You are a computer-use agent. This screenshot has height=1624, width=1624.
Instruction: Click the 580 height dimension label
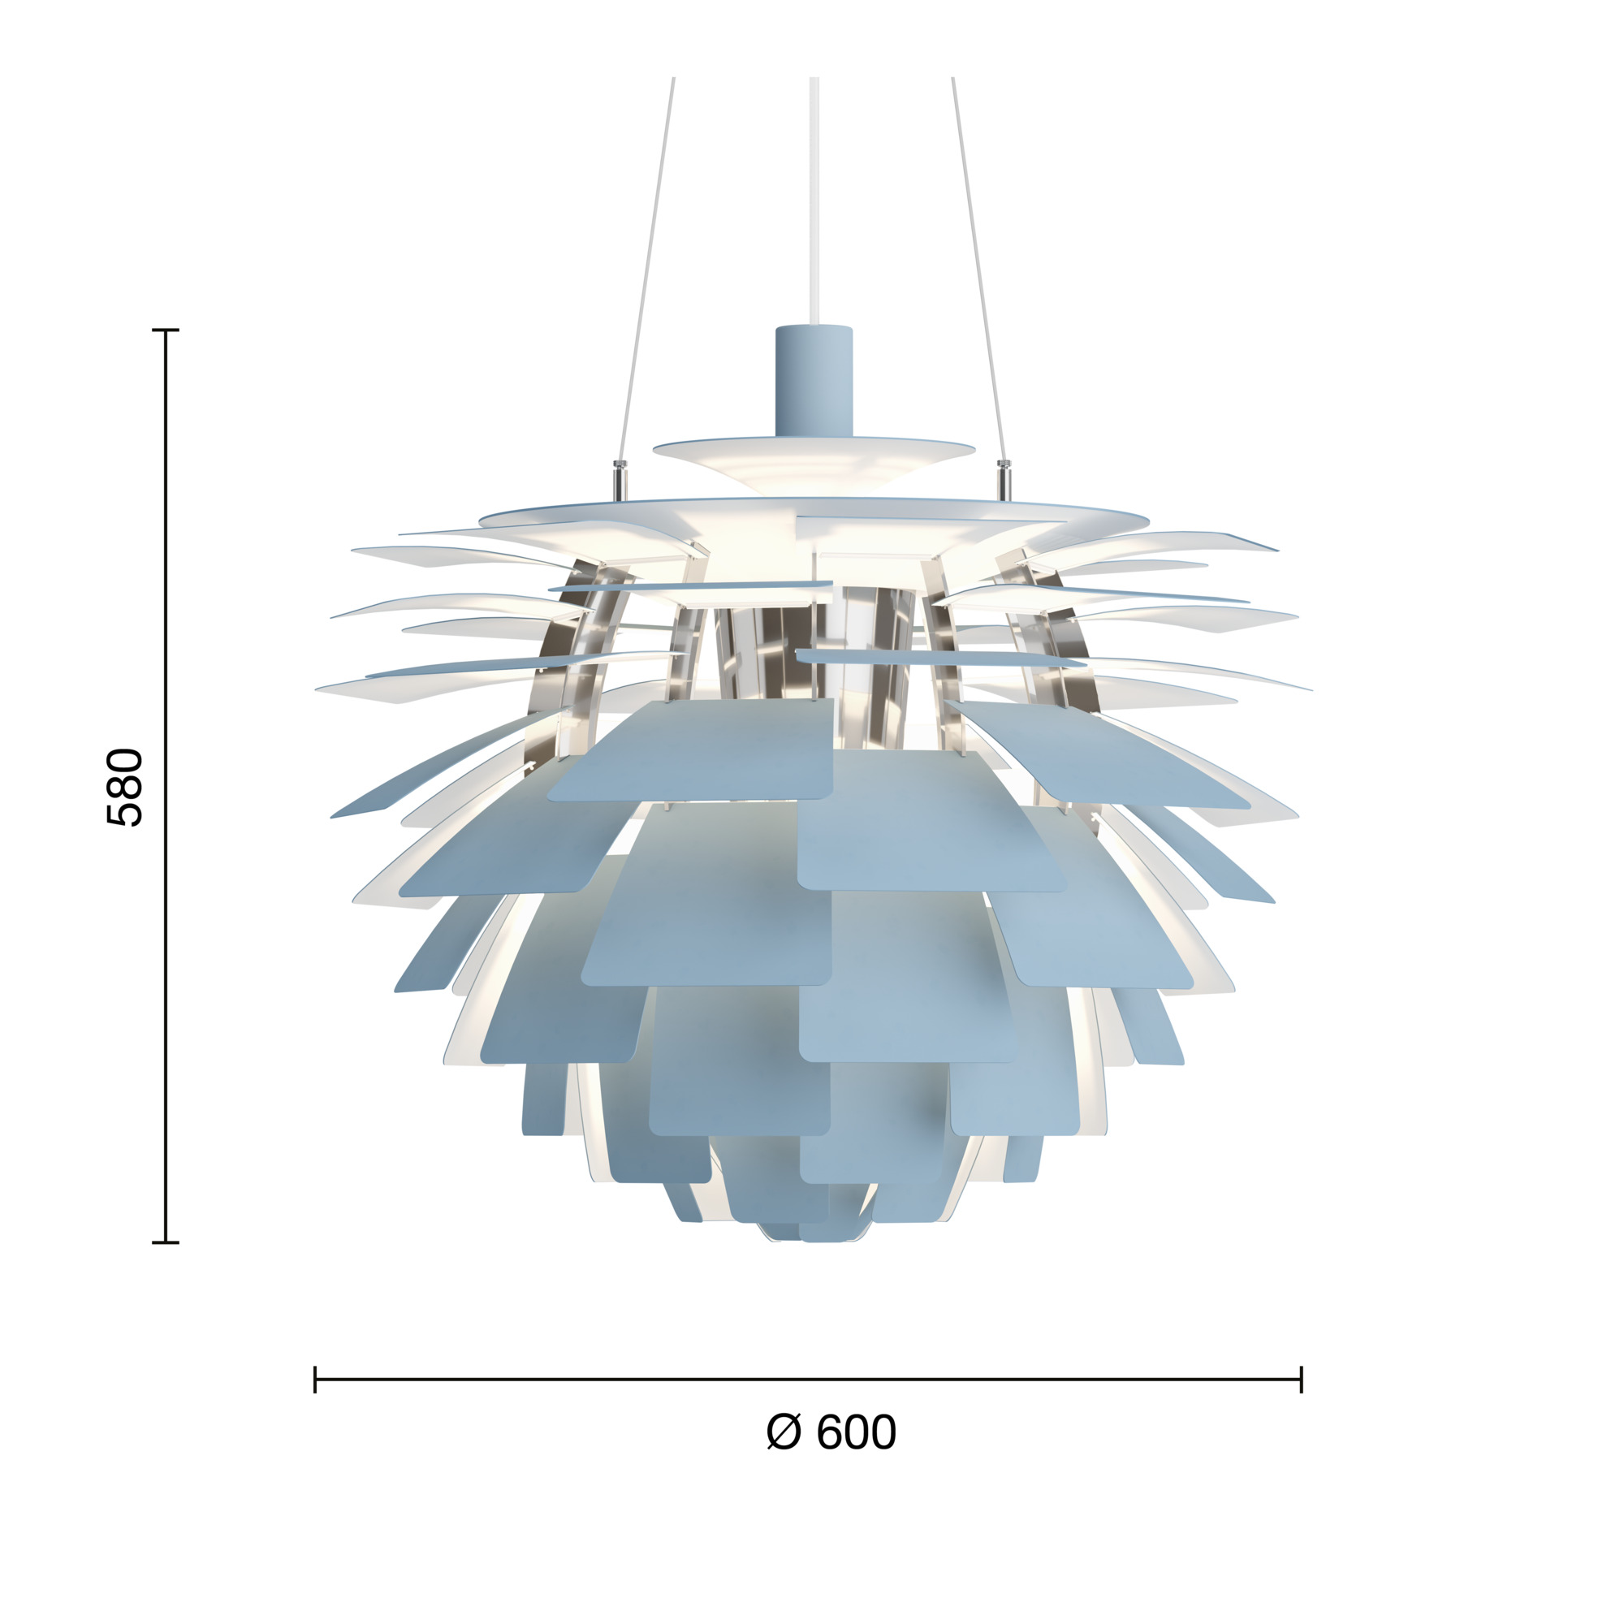(125, 787)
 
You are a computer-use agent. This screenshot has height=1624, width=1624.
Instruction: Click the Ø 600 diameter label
(831, 1432)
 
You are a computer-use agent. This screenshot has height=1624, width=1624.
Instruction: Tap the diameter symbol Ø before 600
(784, 1432)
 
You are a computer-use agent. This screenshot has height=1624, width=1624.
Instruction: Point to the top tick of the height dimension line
(166, 330)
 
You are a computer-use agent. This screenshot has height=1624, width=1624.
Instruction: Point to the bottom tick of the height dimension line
(166, 1242)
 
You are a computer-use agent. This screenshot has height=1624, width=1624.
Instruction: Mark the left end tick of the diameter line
(315, 1380)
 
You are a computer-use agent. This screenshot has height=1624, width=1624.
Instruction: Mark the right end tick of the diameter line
(1301, 1380)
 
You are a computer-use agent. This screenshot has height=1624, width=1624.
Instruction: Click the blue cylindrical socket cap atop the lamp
(814, 382)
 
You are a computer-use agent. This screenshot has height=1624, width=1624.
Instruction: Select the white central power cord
(814, 201)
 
